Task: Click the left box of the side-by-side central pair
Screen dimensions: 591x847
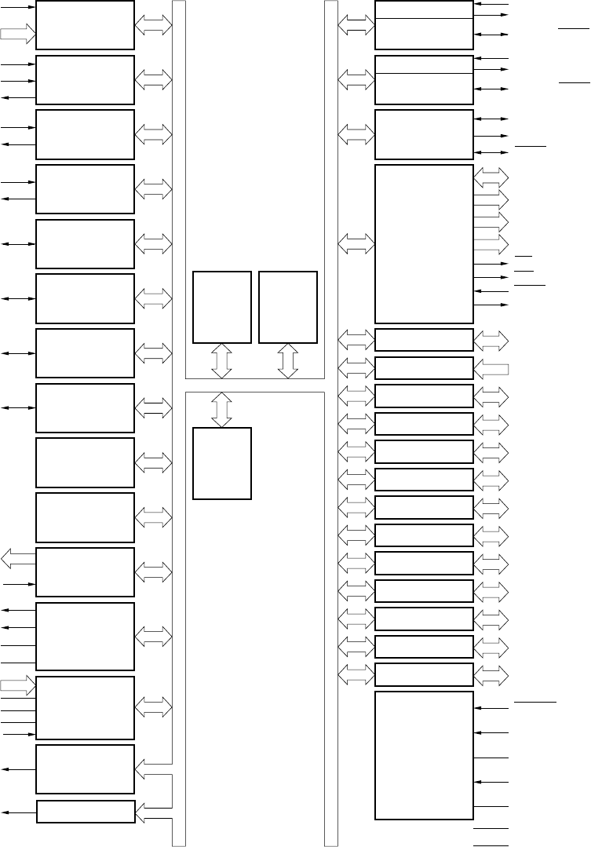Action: pyautogui.click(x=222, y=307)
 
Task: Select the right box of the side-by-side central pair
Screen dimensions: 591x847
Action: pyautogui.click(x=287, y=307)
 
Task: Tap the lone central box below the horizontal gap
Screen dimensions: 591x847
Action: pyautogui.click(x=222, y=463)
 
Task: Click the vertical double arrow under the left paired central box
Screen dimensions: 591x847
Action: pyautogui.click(x=222, y=360)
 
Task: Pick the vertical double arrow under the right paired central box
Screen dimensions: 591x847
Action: pyautogui.click(x=288, y=360)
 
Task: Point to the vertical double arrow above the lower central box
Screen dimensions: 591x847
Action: pyautogui.click(x=222, y=410)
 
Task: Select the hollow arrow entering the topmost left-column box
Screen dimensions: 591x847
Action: pyautogui.click(x=18, y=33)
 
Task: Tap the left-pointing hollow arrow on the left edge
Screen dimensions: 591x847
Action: pyautogui.click(x=18, y=558)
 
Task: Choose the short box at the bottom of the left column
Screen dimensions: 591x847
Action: pyautogui.click(x=86, y=812)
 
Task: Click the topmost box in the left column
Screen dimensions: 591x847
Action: pyautogui.click(x=85, y=24)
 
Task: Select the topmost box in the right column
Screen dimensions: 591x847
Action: pyautogui.click(x=424, y=24)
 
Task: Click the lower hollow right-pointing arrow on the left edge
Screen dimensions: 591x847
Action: pyautogui.click(x=18, y=685)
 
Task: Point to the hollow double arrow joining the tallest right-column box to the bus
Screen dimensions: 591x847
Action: pyautogui.click(x=356, y=244)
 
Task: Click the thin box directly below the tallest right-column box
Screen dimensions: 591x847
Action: pyautogui.click(x=424, y=340)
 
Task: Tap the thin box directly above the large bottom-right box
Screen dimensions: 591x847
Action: pyautogui.click(x=424, y=674)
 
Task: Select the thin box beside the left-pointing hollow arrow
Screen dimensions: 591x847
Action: pyautogui.click(x=424, y=368)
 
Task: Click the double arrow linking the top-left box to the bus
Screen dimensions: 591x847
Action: pyautogui.click(x=153, y=25)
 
